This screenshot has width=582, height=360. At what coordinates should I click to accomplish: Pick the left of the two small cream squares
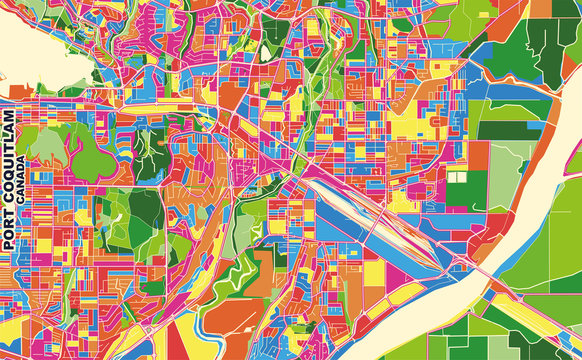(x=452, y=177)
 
